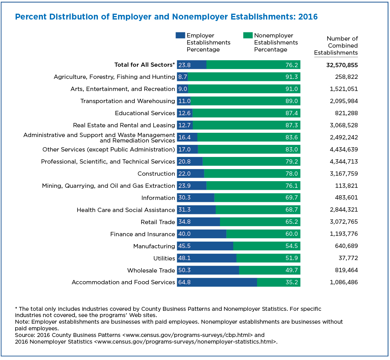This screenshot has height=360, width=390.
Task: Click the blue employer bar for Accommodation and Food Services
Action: pos(217,282)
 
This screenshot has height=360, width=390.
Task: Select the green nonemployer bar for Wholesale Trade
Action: pos(269,270)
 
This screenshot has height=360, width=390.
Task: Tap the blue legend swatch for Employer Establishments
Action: pos(180,36)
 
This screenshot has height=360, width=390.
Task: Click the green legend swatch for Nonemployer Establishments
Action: pos(248,36)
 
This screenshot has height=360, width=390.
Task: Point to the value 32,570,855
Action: pos(342,65)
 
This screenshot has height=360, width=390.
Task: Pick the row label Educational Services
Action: pos(145,113)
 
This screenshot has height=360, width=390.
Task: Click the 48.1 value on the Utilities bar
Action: pos(184,258)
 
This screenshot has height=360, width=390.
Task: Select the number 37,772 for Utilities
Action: pos(348,258)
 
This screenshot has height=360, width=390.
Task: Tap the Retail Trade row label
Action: pos(158,222)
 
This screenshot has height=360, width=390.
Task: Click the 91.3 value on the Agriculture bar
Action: pos(291,77)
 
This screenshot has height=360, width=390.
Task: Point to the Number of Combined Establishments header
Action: pos(336,46)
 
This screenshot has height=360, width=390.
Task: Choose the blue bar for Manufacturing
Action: pos(205,246)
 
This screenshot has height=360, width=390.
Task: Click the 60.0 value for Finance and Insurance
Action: pos(291,234)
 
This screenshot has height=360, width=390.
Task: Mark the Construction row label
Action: pos(156,174)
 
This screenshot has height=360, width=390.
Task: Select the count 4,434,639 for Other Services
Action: pos(344,150)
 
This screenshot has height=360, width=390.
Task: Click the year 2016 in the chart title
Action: pos(308,17)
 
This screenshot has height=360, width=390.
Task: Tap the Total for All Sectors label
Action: pos(145,65)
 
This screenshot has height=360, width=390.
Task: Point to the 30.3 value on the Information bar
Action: pos(184,198)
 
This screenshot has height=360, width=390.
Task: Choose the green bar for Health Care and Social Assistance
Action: pos(258,210)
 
